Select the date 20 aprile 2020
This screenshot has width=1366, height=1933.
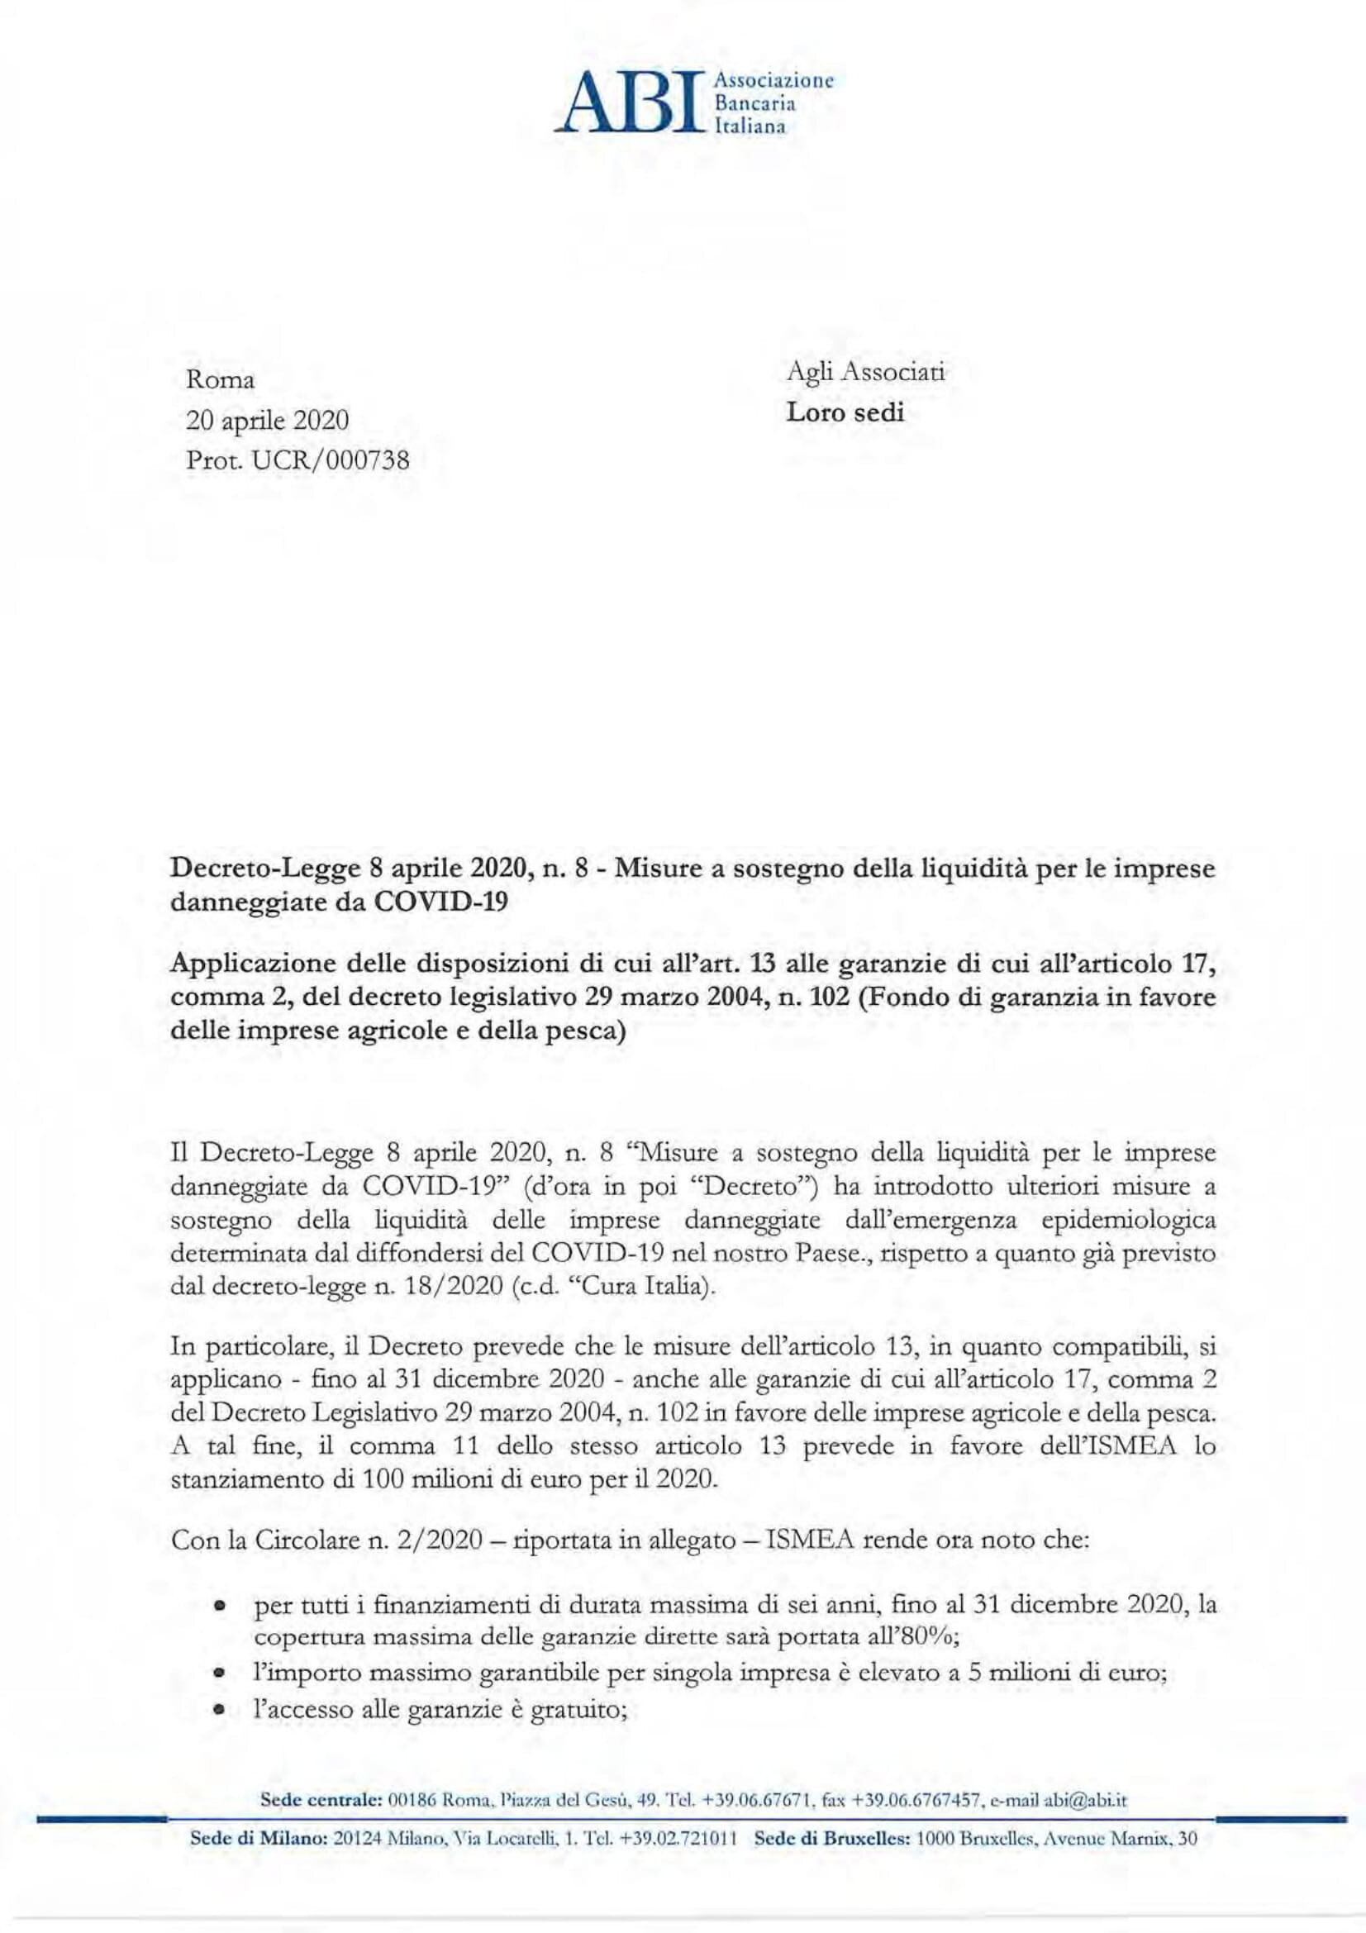click(x=267, y=420)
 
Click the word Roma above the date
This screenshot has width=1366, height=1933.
click(x=221, y=380)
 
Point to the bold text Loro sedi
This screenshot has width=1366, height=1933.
click(x=845, y=413)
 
